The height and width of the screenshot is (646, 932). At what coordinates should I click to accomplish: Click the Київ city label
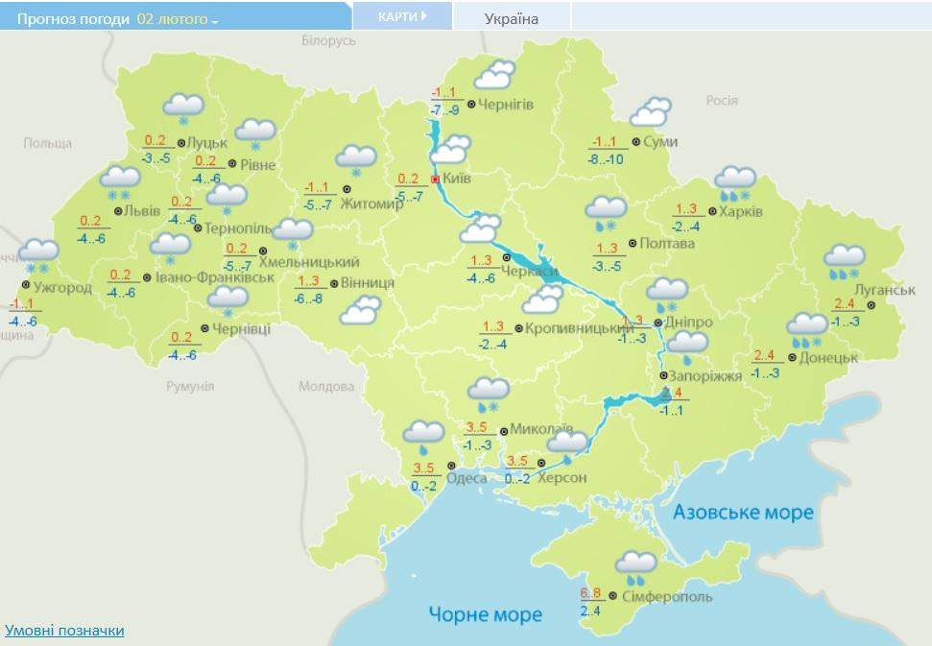(457, 179)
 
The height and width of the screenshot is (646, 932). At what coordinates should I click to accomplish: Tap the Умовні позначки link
(64, 631)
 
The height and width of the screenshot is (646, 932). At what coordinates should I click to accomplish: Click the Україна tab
(512, 18)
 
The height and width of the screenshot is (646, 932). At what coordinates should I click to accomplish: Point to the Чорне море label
(486, 614)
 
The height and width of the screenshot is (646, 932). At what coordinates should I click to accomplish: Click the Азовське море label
(743, 512)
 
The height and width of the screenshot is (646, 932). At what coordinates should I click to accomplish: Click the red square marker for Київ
(435, 179)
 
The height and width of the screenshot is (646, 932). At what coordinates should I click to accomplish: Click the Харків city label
(742, 211)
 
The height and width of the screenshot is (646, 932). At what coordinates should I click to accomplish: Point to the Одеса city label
(466, 477)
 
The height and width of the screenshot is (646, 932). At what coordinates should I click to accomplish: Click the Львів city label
(143, 211)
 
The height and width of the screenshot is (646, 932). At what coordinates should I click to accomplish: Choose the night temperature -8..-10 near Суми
(606, 159)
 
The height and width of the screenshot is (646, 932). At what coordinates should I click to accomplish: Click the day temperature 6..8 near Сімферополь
(590, 592)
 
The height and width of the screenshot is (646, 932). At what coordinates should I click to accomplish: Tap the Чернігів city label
(506, 104)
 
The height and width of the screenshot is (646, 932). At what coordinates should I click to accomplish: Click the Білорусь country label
(328, 41)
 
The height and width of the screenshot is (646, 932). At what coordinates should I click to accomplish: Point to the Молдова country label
(325, 388)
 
